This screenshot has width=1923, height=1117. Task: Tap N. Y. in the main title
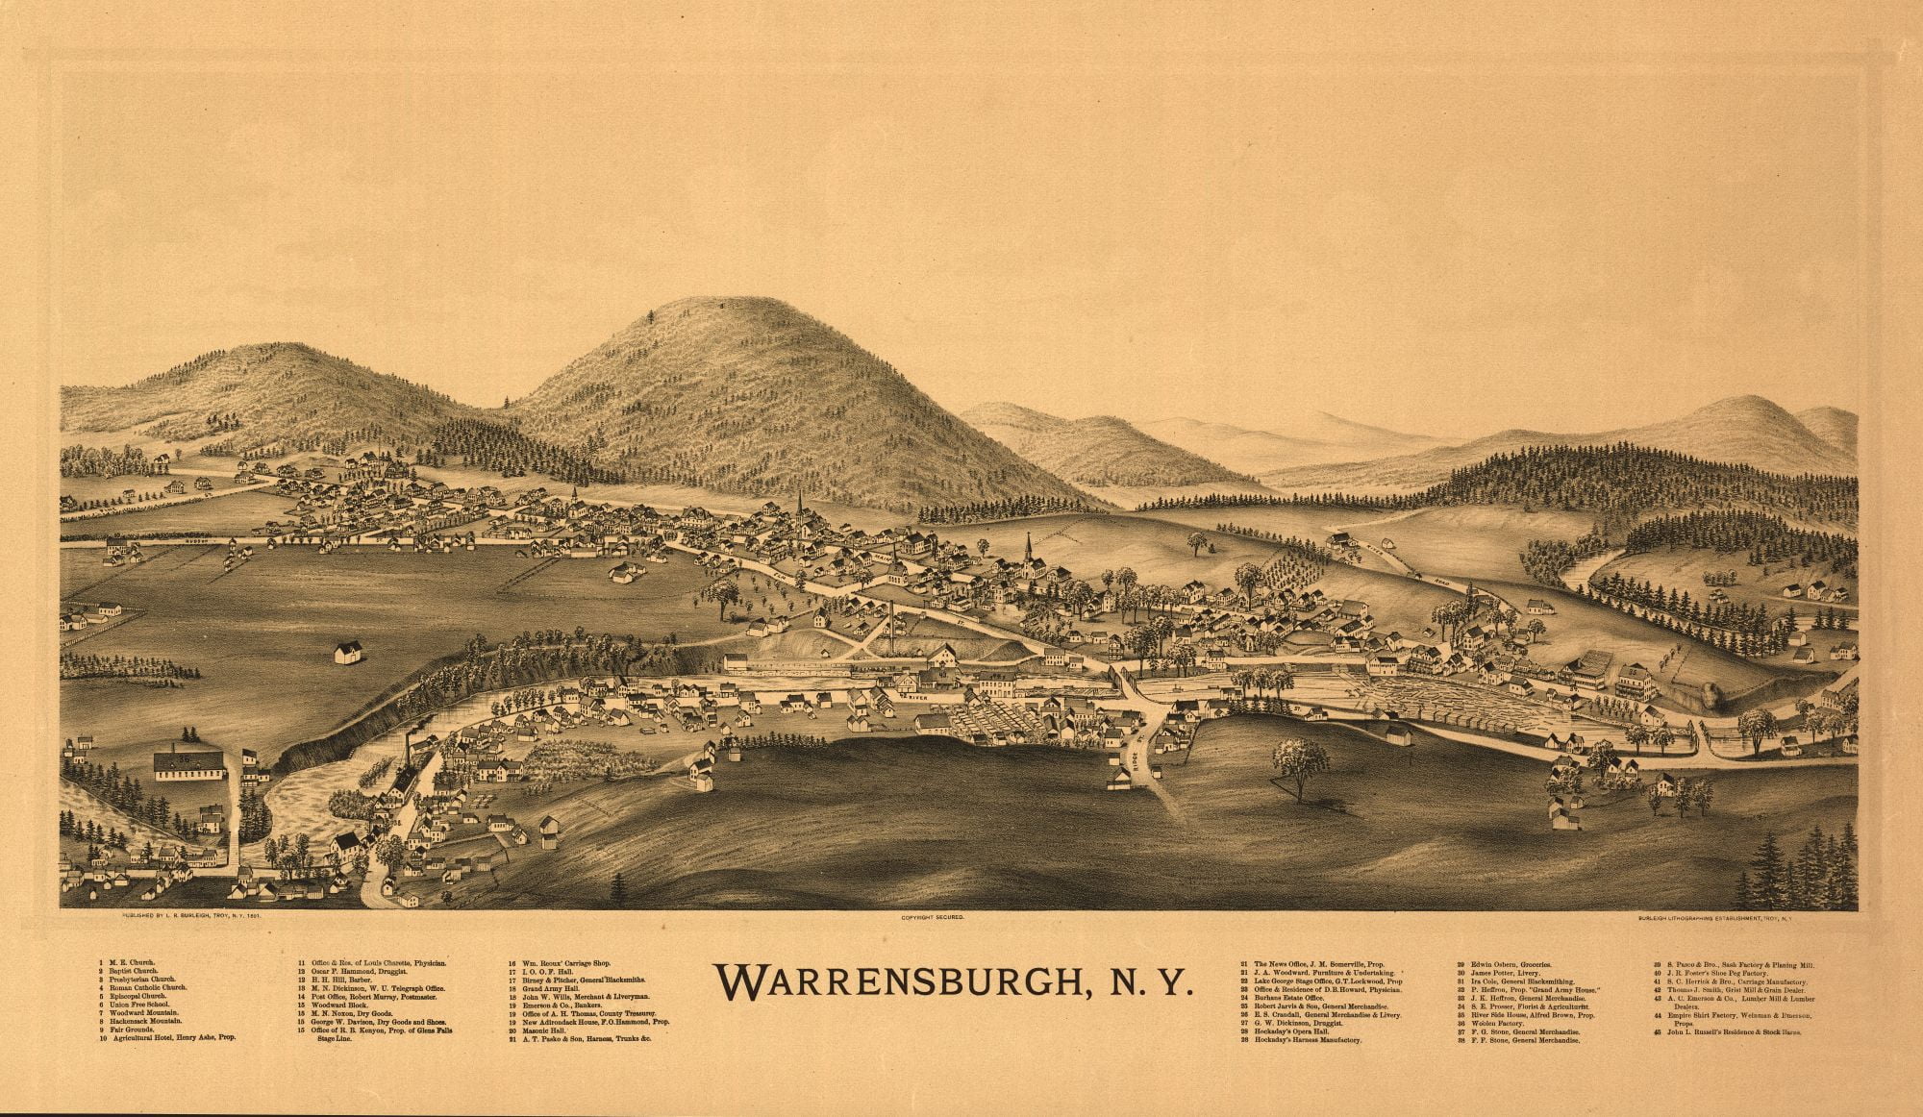(x=1148, y=1009)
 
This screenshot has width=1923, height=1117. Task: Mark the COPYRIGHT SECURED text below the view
(x=932, y=919)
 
